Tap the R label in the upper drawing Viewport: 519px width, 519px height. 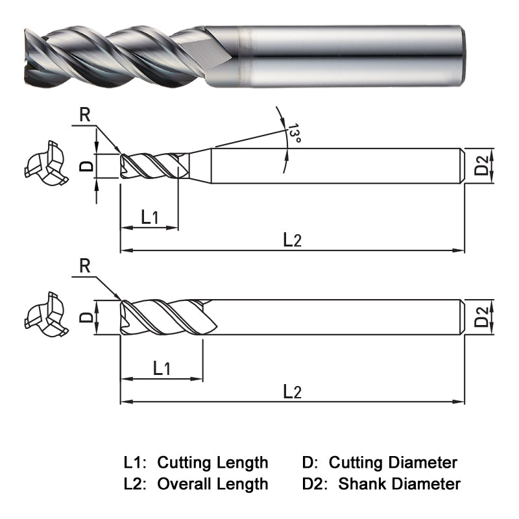(84, 115)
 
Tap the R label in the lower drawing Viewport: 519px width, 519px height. (84, 265)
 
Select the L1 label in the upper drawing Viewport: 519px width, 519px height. (150, 217)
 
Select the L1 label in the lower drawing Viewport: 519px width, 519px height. (162, 368)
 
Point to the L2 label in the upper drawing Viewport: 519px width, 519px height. (293, 239)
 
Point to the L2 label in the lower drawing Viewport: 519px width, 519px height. (293, 391)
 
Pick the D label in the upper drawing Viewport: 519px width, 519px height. (86, 166)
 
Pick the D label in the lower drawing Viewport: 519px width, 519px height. (86, 318)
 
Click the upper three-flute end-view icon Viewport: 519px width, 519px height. (45, 166)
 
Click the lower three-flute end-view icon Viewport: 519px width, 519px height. (45, 318)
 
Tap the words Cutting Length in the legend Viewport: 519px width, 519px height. (213, 463)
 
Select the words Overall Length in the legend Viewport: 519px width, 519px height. (213, 484)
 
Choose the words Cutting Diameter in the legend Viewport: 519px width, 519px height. (393, 463)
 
